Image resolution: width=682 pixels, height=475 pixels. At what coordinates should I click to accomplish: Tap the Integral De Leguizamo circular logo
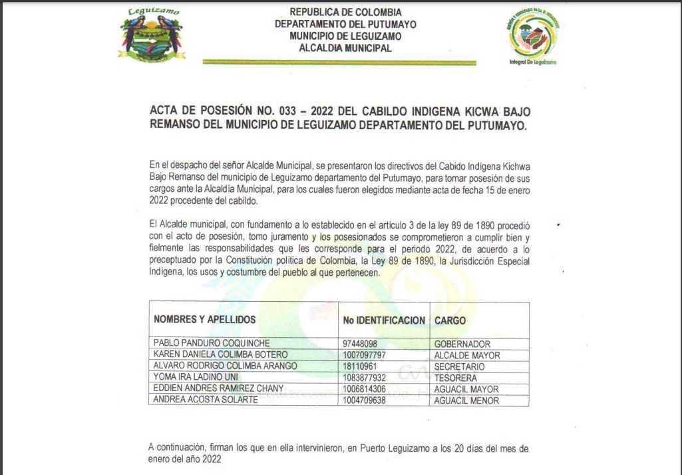coord(533,35)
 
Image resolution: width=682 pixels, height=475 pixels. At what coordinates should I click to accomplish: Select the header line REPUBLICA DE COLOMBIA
coord(345,12)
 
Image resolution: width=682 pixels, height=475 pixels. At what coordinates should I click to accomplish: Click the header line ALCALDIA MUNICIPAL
coord(345,48)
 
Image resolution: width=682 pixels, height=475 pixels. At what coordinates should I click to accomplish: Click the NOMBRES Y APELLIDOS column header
coord(204,320)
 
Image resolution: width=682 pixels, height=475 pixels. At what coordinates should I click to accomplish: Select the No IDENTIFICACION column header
coord(384,320)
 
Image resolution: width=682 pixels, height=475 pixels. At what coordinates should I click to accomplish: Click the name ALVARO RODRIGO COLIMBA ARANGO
coord(225,366)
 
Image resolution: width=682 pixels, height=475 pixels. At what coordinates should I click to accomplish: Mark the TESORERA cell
coord(456,378)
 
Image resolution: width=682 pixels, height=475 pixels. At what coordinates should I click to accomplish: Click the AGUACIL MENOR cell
coord(466,400)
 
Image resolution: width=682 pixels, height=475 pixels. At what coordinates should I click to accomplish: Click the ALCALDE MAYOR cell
coord(466,355)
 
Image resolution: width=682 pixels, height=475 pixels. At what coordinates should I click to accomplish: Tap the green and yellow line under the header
coord(339,63)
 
